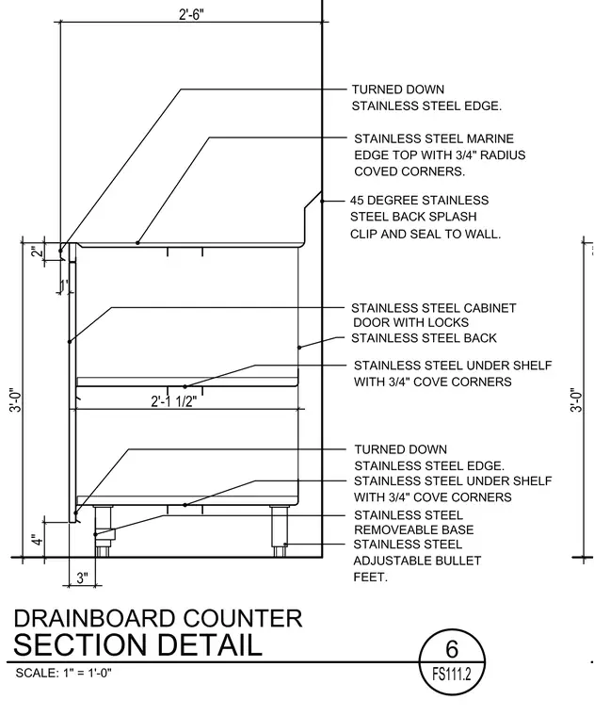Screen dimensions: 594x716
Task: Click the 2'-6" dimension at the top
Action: tap(191, 15)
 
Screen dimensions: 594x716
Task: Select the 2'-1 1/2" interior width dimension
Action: tap(174, 401)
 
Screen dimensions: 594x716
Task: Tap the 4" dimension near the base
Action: tap(38, 539)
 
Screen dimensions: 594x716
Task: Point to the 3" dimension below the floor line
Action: tap(82, 578)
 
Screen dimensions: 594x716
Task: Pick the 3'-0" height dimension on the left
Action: tap(16, 400)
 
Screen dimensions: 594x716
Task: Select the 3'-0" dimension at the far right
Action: tap(576, 400)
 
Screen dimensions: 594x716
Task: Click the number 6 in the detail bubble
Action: tap(452, 649)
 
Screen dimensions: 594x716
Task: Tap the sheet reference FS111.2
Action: tap(452, 674)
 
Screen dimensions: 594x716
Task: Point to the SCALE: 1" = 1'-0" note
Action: tap(63, 673)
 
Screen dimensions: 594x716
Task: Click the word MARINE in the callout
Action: tap(483, 138)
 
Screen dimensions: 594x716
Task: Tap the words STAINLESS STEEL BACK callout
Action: tap(424, 338)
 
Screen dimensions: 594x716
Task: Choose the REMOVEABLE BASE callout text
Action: tap(414, 529)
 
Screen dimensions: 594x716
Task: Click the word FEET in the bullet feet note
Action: tap(370, 578)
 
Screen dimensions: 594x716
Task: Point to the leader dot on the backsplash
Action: tap(322, 201)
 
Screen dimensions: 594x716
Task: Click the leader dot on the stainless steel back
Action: tap(299, 348)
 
